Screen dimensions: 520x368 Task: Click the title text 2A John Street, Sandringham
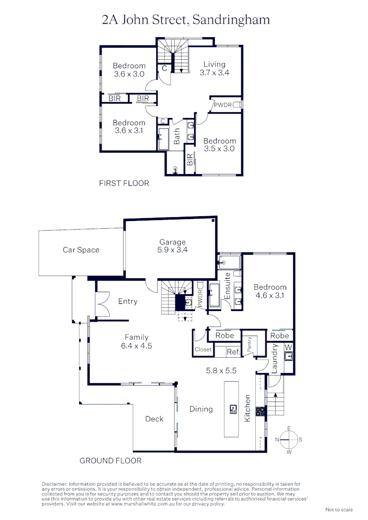(185, 20)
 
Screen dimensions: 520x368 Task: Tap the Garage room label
(172, 246)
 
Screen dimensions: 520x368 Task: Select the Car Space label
(81, 250)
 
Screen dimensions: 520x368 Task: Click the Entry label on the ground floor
(128, 301)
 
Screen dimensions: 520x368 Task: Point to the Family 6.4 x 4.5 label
(136, 341)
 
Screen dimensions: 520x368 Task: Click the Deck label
(154, 419)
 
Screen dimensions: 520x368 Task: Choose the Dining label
(201, 409)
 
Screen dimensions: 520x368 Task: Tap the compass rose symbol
(289, 440)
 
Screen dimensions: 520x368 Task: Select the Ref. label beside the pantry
(234, 352)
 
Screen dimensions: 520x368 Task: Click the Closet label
(203, 350)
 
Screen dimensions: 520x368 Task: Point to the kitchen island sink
(233, 409)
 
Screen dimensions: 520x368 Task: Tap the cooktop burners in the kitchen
(260, 411)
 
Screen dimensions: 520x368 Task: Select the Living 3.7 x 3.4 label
(214, 68)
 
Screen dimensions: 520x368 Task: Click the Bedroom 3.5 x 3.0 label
(219, 145)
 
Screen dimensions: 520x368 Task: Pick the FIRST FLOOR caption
(124, 183)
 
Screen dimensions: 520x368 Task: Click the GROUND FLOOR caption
(110, 461)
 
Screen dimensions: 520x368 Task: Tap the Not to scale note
(339, 509)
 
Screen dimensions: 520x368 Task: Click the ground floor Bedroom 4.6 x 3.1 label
(270, 291)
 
